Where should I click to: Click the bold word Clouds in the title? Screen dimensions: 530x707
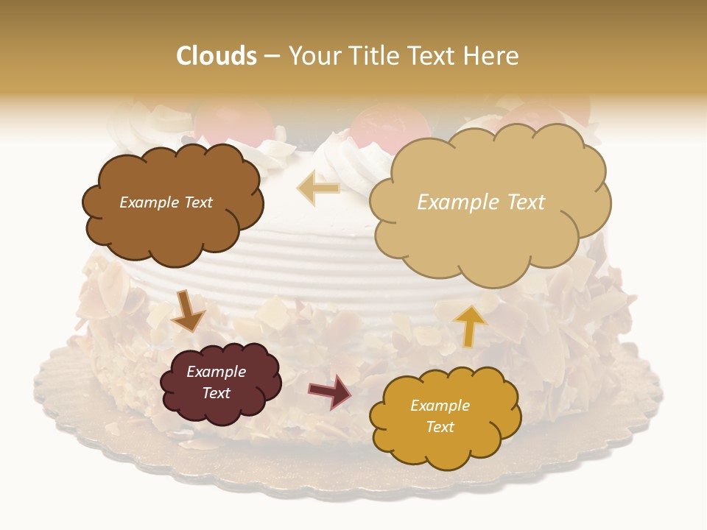pos(217,56)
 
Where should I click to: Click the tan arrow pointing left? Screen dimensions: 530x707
pos(318,188)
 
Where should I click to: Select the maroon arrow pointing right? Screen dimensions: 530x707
pos(329,390)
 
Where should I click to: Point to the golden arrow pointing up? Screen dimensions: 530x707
pos(471,325)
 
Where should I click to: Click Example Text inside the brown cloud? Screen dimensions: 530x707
pos(166,202)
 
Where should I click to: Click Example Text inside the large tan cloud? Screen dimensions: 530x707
pos(481,202)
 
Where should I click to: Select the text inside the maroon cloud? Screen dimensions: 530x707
pos(216,383)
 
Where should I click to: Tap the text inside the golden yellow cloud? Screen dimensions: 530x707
pos(440,416)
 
